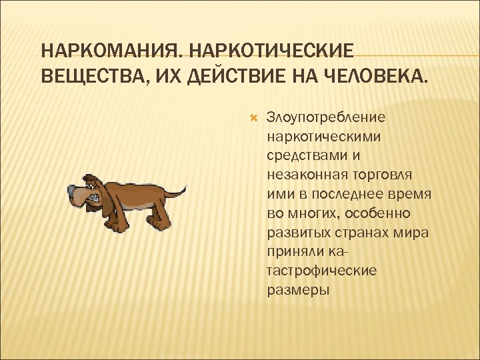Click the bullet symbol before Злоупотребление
click(x=253, y=117)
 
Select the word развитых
click(x=297, y=233)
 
